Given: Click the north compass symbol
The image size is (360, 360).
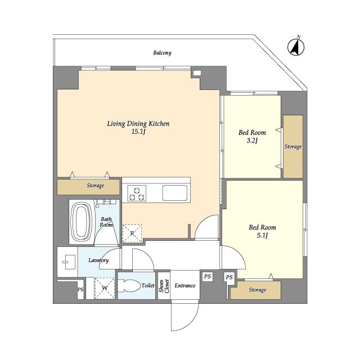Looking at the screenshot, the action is [x=296, y=47].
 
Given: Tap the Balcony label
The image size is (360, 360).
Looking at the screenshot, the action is [x=162, y=53].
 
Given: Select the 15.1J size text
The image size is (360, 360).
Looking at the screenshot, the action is [x=138, y=132].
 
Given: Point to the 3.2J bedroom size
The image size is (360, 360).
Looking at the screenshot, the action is [x=252, y=140].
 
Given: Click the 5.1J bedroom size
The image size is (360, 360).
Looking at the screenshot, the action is [x=262, y=235].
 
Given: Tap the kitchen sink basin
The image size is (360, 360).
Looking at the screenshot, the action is [x=175, y=193].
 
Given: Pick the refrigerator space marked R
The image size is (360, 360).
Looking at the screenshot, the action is [x=132, y=233].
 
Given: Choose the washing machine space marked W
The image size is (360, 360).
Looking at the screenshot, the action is [x=105, y=288].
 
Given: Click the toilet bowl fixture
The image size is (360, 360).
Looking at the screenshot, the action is [x=129, y=286].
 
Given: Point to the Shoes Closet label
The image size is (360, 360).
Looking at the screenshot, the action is [x=164, y=286].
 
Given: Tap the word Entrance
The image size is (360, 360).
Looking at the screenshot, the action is [x=185, y=285].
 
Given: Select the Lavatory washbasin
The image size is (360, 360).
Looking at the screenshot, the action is [x=69, y=262].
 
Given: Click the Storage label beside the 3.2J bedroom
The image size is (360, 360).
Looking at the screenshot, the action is [x=293, y=147].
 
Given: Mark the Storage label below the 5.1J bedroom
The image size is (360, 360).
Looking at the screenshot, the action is [x=258, y=290].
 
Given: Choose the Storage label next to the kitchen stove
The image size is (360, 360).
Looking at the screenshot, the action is [x=95, y=186].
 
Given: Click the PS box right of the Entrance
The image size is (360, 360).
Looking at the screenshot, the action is [x=208, y=276].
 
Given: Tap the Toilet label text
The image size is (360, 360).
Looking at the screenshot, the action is [x=148, y=285].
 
